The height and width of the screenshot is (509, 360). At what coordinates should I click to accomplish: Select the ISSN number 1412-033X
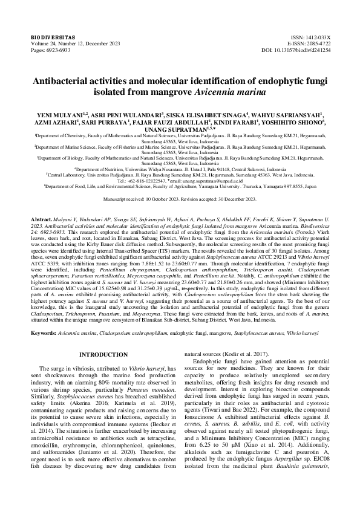316,37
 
